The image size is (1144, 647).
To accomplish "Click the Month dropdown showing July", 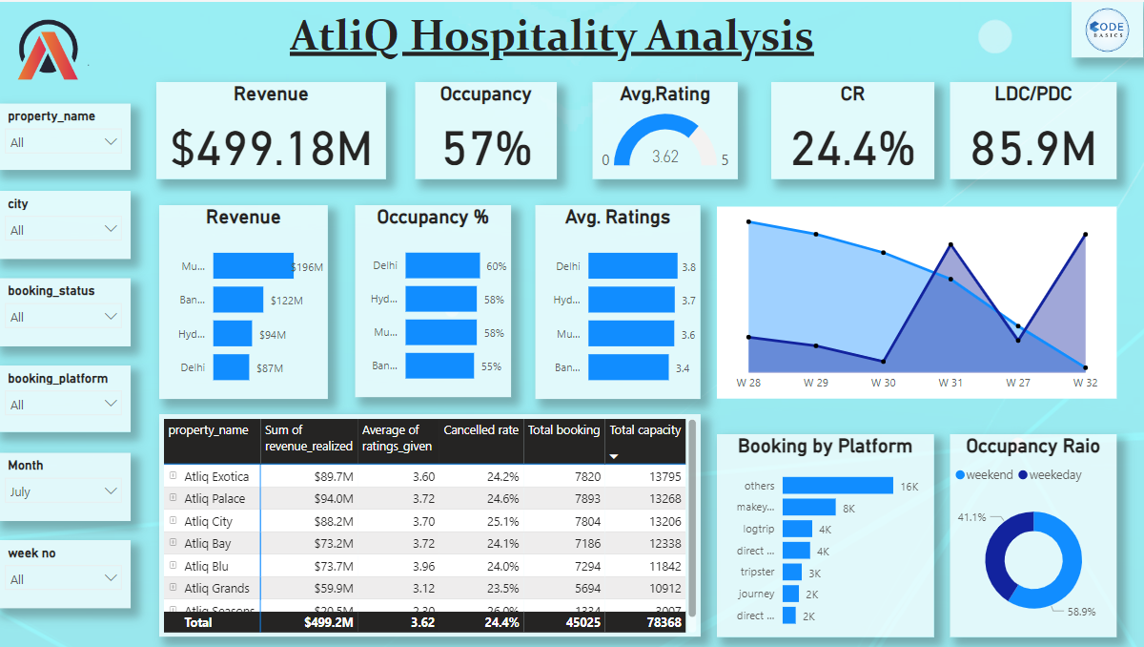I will pyautogui.click(x=64, y=492).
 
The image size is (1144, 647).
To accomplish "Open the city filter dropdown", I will pyautogui.click(x=64, y=230).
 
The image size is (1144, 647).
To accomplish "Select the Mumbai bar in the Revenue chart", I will pyautogui.click(x=253, y=266).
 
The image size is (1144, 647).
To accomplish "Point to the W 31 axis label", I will pyautogui.click(x=950, y=383).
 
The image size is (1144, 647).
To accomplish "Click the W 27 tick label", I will pyautogui.click(x=1017, y=383).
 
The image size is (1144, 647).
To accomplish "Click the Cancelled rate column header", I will pyautogui.click(x=480, y=430).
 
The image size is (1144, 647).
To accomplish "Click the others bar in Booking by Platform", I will pyautogui.click(x=837, y=486).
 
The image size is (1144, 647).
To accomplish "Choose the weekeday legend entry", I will pyautogui.click(x=1050, y=475).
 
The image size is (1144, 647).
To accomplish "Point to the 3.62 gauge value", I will pyautogui.click(x=664, y=157).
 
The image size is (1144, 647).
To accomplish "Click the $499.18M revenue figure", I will pyautogui.click(x=271, y=148).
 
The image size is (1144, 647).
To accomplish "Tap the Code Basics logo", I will pyautogui.click(x=1107, y=32).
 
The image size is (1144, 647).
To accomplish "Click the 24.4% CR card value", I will pyautogui.click(x=852, y=148).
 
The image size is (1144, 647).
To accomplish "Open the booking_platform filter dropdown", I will pyautogui.click(x=64, y=405).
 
